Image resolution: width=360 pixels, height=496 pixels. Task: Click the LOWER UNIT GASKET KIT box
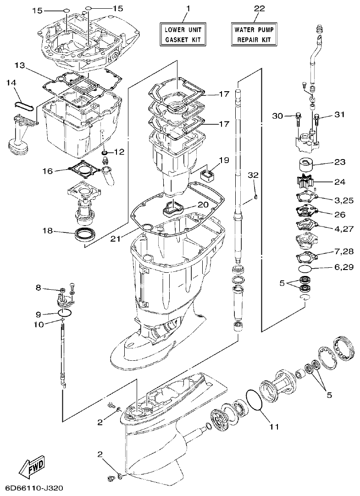coord(183,34)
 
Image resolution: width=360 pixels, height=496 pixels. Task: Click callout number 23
coord(339,162)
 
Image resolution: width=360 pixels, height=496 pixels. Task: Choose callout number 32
coord(254,175)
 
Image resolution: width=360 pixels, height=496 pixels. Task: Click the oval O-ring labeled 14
coord(24,105)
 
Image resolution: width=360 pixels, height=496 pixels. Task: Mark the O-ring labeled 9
coord(66,313)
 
